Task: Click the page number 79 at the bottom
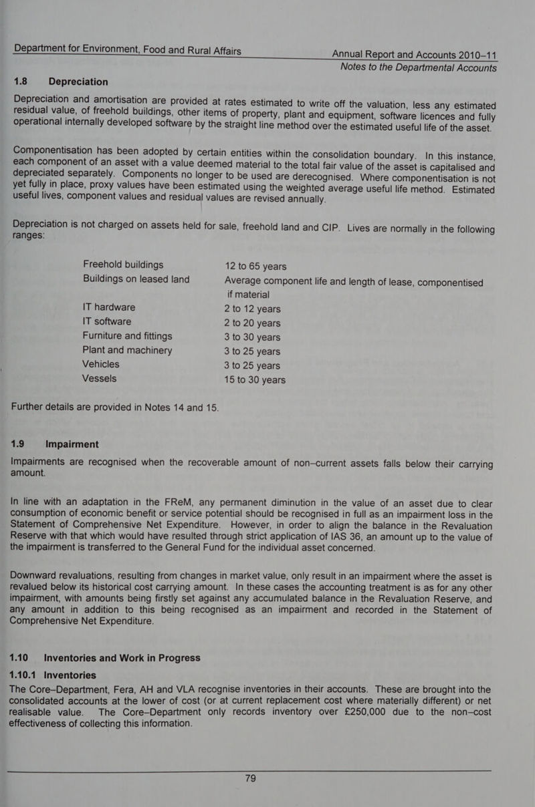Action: point(250,779)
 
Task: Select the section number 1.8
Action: point(21,82)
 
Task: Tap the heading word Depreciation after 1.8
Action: point(87,82)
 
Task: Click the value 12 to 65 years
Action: point(260,265)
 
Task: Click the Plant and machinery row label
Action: point(127,350)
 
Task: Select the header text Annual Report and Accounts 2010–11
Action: point(415,54)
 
